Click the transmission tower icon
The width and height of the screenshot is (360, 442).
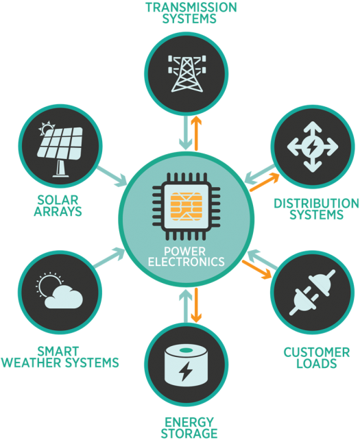(x=187, y=74)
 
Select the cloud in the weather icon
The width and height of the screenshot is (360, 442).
(x=64, y=297)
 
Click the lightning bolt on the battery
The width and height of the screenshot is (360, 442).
(x=185, y=371)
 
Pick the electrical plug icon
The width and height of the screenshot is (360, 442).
(x=313, y=293)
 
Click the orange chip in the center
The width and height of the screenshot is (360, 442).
(x=187, y=206)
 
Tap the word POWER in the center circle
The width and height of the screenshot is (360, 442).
(x=184, y=251)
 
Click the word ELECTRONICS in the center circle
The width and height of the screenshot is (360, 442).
(x=187, y=262)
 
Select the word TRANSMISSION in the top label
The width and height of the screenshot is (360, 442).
(x=191, y=8)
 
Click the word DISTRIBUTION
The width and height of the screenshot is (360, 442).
(x=316, y=204)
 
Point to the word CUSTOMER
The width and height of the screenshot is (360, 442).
(x=317, y=352)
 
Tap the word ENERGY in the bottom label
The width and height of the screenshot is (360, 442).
(x=189, y=422)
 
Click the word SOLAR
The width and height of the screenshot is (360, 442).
(x=58, y=200)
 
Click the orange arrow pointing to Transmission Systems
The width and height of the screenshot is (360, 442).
(x=196, y=133)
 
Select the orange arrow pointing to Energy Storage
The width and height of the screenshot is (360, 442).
(x=196, y=305)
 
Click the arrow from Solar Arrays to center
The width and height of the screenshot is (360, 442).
(x=112, y=177)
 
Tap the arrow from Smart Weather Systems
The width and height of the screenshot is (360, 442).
(x=110, y=258)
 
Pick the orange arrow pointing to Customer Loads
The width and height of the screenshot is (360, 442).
(x=257, y=270)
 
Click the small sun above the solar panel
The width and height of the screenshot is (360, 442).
(x=47, y=128)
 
